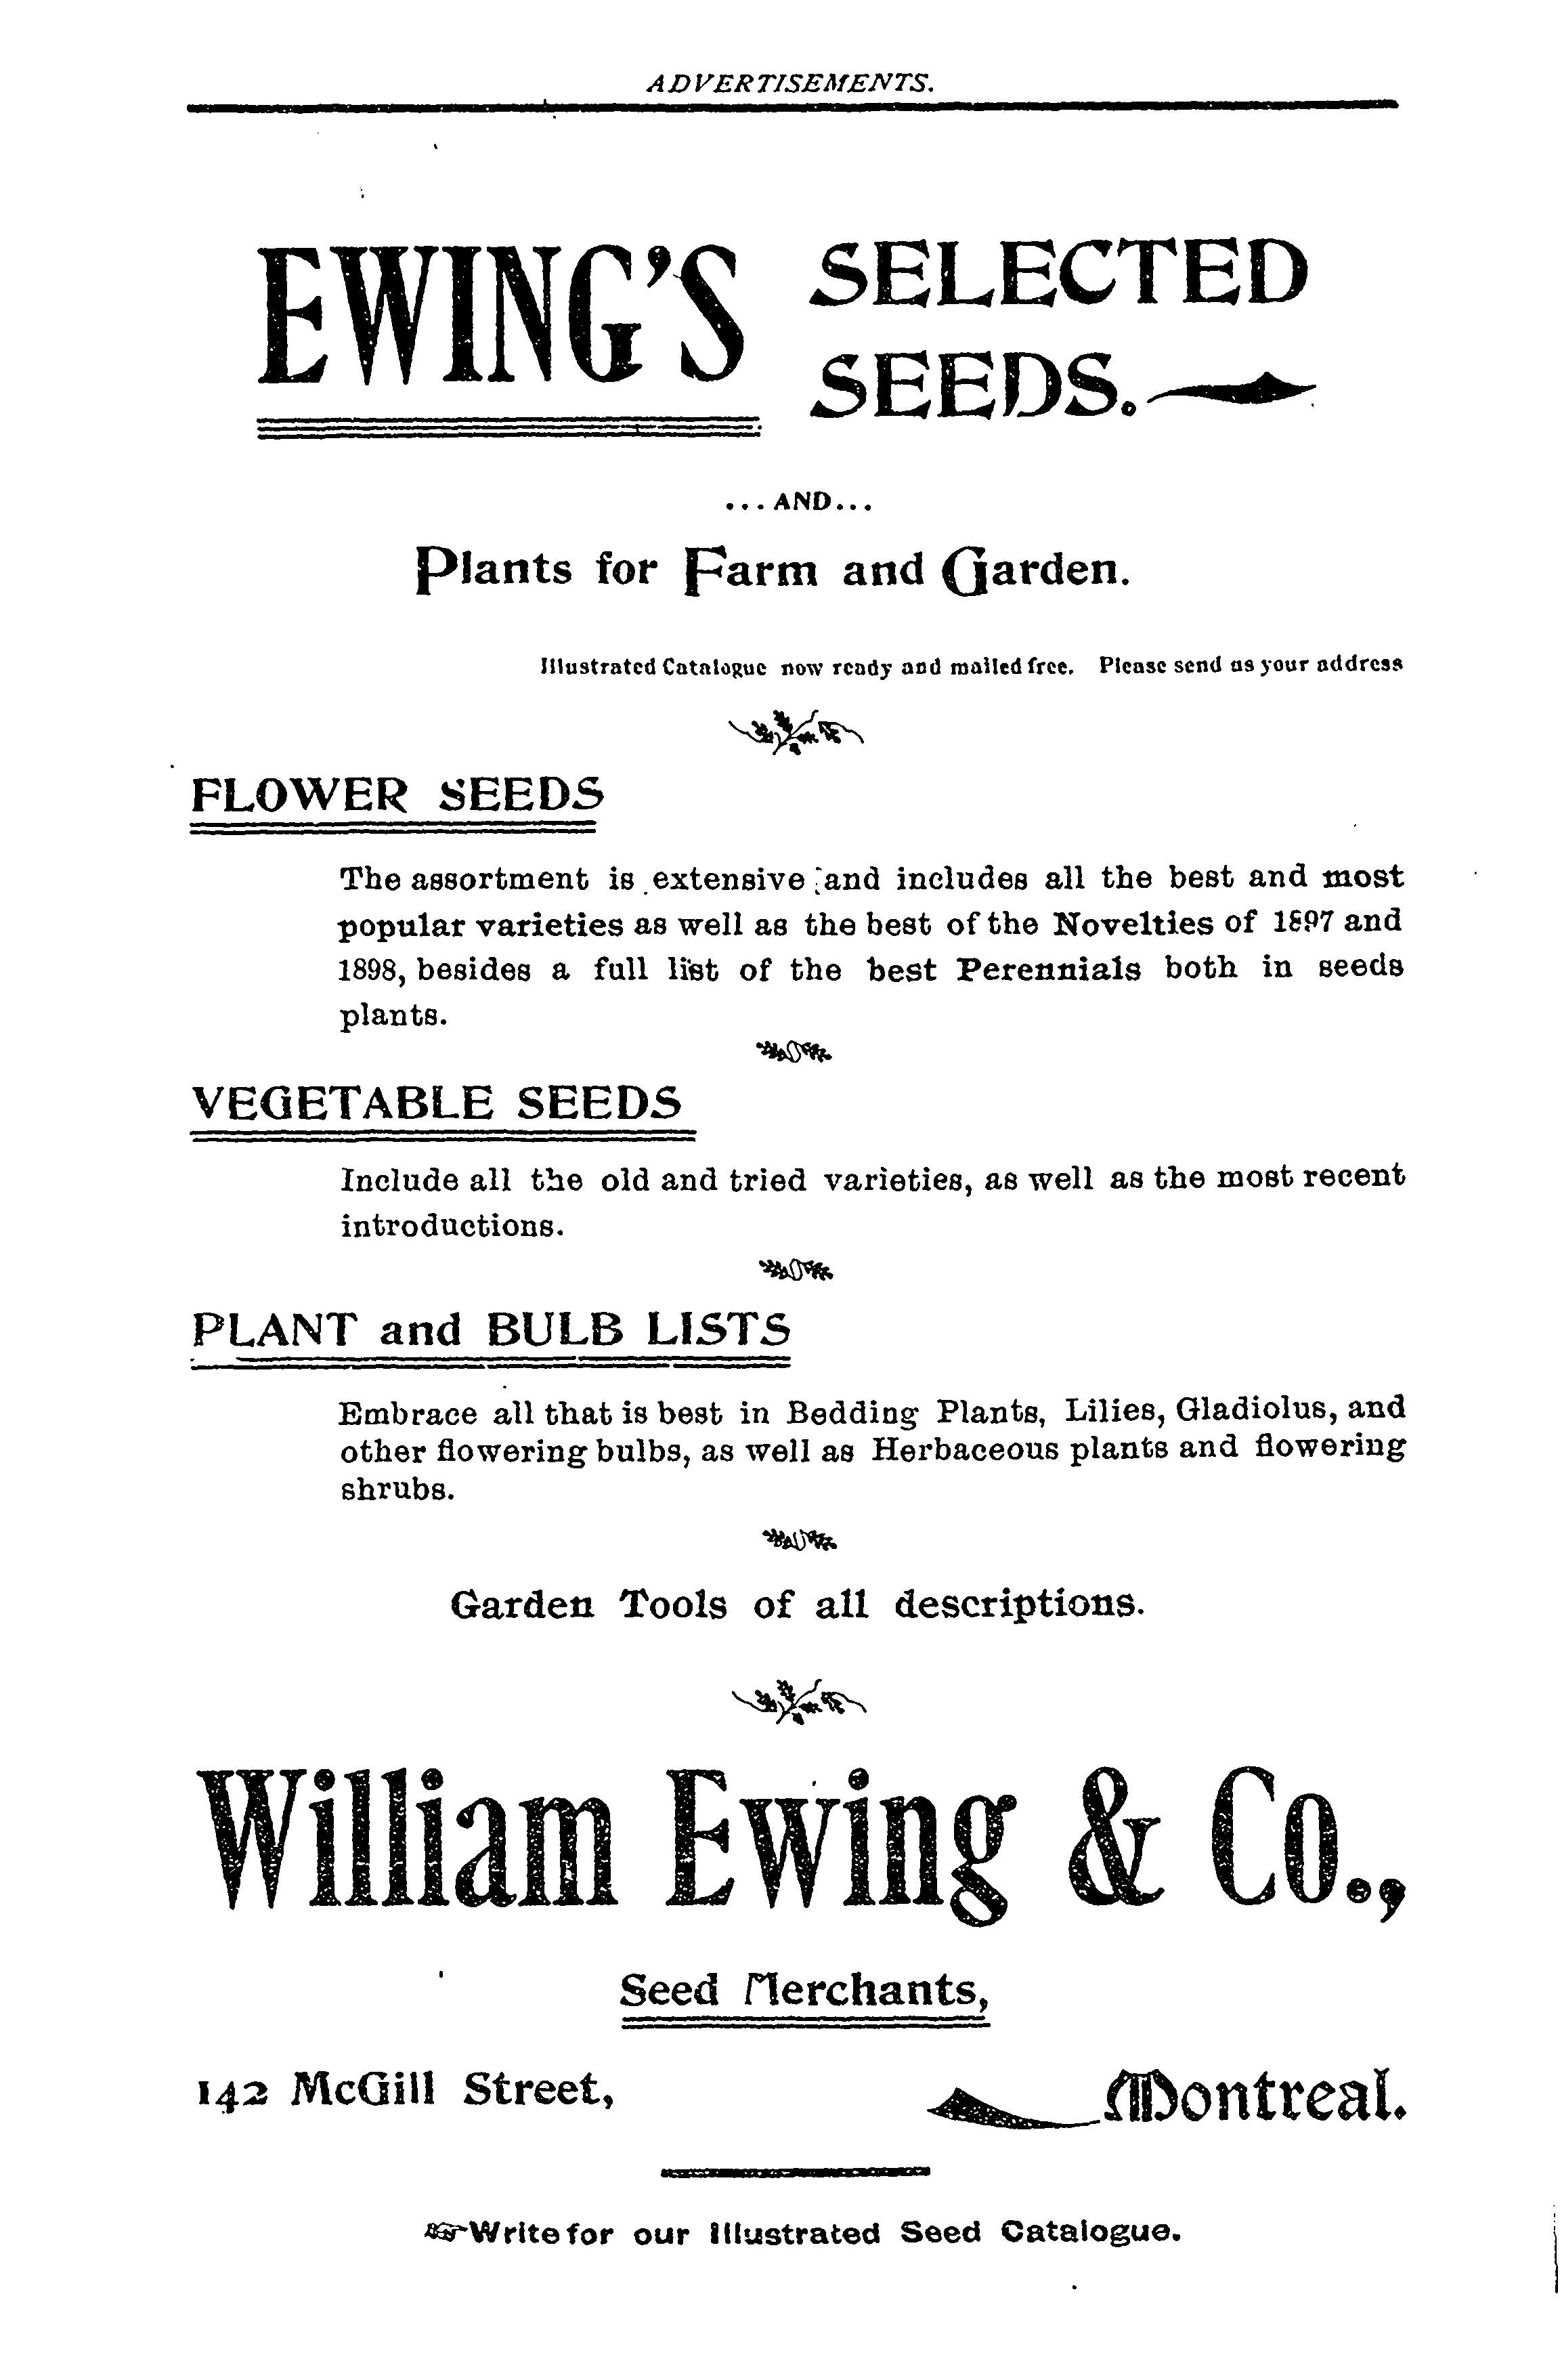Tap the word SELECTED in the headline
tap(1058, 271)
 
